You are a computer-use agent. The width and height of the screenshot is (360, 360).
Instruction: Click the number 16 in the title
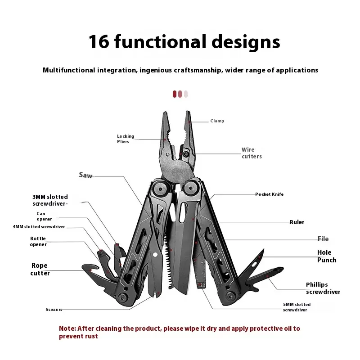coord(99,42)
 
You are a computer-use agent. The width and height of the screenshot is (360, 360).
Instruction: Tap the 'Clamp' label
coord(217,121)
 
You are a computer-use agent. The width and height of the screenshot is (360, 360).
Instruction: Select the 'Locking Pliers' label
coord(126,139)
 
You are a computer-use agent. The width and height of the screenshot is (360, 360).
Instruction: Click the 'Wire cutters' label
coord(252,153)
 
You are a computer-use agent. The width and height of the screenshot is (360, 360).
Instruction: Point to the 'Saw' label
coord(85,175)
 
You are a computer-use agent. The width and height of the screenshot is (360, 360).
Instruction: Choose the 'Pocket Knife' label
coord(269,194)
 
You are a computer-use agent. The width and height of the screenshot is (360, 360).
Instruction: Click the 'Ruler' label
coord(297,222)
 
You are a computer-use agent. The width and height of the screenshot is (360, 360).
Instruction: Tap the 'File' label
coord(323,239)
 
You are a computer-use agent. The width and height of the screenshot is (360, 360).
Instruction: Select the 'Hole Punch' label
coord(327,256)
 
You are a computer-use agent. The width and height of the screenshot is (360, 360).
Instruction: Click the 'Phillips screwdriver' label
coord(323,288)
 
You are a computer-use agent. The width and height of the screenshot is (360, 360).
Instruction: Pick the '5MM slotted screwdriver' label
coord(297,307)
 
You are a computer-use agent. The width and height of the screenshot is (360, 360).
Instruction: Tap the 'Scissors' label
coord(54,310)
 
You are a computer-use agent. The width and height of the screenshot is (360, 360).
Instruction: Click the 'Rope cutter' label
coord(40,269)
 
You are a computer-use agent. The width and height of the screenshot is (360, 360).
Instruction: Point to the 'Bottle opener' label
coord(38,242)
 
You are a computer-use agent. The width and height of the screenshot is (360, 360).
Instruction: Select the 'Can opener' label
coord(44,216)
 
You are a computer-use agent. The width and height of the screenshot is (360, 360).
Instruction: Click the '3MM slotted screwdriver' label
coord(50,200)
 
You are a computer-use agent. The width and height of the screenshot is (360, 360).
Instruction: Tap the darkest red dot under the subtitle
coord(175,94)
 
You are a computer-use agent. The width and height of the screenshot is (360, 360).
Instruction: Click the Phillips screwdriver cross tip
coord(280,269)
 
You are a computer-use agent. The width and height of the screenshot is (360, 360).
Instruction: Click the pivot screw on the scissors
coord(155,255)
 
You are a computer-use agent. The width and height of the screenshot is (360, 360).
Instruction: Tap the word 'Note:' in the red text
coord(67,328)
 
